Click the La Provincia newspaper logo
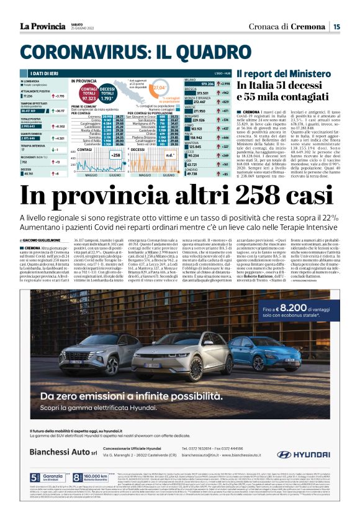click(x=42, y=26)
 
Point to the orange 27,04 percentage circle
click(x=159, y=88)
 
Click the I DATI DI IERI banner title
click(x=42, y=73)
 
